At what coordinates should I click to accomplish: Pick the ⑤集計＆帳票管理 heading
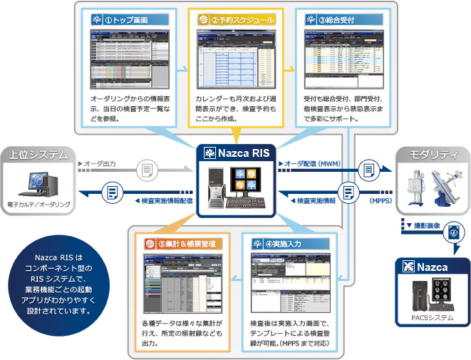pyautogui.click(x=182, y=244)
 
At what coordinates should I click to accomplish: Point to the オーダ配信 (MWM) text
pyautogui.click(x=314, y=165)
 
